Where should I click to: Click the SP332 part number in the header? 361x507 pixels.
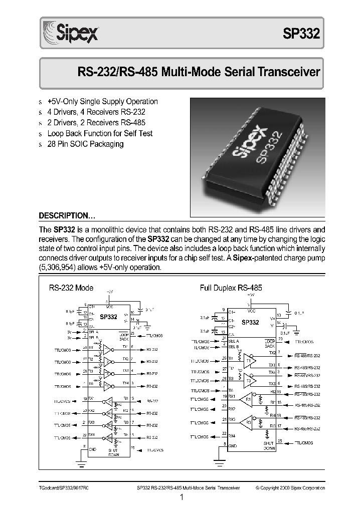pos(301,34)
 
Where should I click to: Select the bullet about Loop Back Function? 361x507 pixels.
pos(100,133)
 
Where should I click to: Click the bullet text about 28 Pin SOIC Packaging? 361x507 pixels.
pos(85,144)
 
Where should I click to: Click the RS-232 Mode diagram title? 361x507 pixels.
pos(71,288)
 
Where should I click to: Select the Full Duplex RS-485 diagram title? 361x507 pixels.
pos(231,288)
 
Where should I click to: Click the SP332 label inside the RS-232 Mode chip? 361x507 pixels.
pos(108,317)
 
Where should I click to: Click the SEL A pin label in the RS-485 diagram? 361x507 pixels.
pos(234,341)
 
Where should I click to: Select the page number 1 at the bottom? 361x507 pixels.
pos(182,497)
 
